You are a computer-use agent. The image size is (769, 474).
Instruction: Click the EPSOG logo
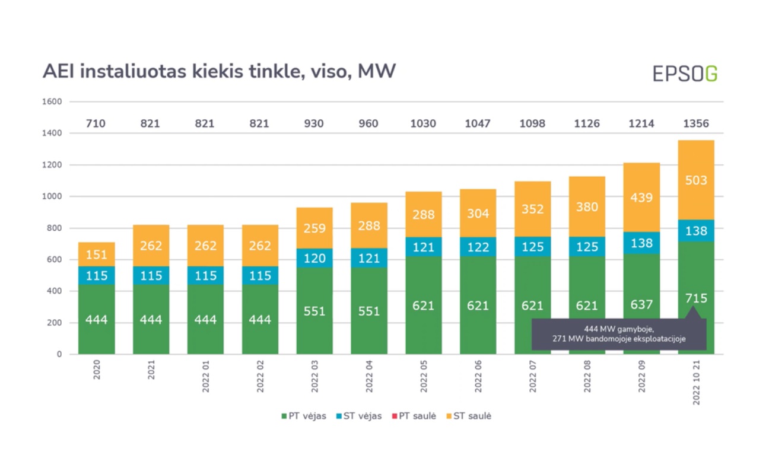coord(685,73)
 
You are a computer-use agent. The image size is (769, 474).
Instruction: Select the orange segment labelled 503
coord(696,180)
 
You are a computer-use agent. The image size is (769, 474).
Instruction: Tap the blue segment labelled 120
coord(314,258)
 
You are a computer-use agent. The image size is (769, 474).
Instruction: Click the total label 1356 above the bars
coord(696,123)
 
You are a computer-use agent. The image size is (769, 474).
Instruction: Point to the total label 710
coord(96,123)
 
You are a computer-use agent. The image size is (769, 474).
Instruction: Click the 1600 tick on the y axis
coord(52,102)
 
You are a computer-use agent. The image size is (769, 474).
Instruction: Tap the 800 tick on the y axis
coord(55,228)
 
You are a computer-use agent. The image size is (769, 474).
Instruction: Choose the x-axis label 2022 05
coord(424,376)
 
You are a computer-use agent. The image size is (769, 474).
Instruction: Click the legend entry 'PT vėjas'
coord(303,416)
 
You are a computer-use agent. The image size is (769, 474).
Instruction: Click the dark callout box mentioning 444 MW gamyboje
coord(618,334)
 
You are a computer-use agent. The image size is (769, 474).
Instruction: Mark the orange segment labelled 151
coord(96,254)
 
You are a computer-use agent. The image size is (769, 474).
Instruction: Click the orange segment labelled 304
coord(478,214)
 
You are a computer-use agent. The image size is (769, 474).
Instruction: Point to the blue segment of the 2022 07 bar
coord(532,246)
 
